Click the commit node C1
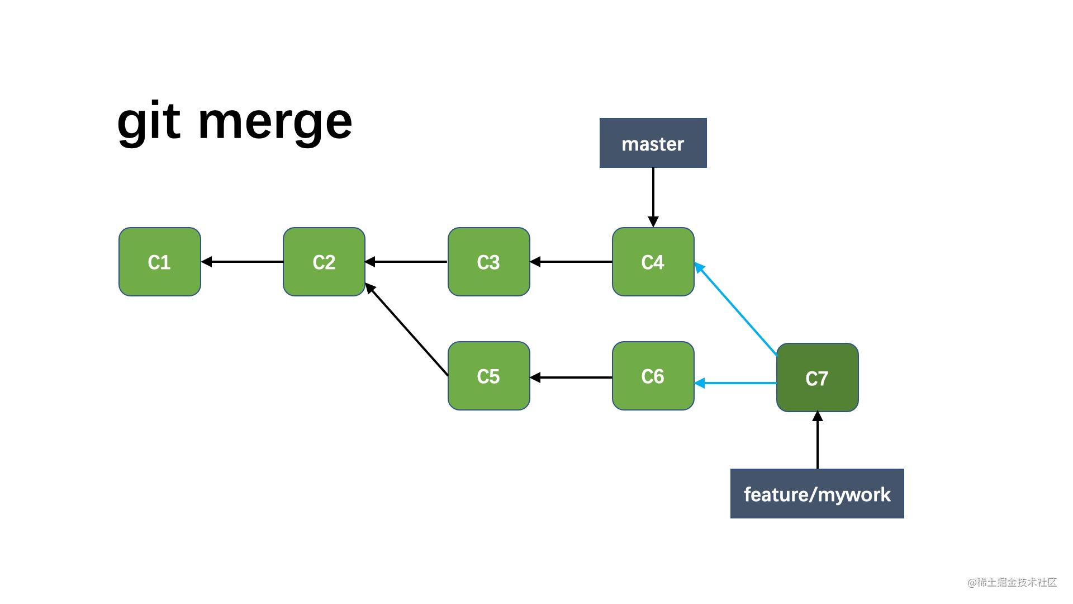click(159, 262)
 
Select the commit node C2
click(324, 262)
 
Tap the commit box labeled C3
click(488, 262)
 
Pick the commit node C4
click(653, 262)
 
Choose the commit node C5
click(488, 376)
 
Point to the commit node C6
click(653, 376)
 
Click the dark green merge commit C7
click(817, 378)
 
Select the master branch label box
click(653, 143)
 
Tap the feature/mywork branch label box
click(816, 494)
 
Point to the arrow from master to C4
click(653, 196)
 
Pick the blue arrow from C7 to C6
click(735, 383)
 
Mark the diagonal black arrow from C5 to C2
click(407, 330)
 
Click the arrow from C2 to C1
click(241, 261)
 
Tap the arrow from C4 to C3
click(571, 261)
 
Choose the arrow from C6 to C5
click(571, 377)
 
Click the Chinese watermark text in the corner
click(1012, 583)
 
